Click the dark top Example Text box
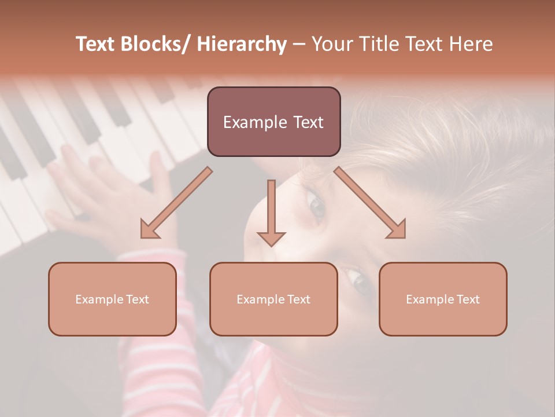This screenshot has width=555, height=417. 273,122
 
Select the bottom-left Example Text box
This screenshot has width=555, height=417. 112,299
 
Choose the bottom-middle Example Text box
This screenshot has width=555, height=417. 273,299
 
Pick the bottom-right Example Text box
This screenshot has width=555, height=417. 443,299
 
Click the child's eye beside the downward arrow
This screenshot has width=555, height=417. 317,206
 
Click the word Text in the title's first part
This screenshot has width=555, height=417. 97,45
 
